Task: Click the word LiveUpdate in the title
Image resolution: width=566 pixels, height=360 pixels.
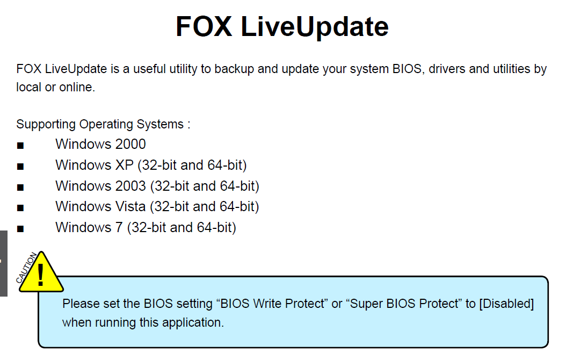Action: coord(314,27)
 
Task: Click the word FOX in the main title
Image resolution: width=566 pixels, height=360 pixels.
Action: coord(204,26)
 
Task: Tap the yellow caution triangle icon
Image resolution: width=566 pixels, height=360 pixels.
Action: coord(41,272)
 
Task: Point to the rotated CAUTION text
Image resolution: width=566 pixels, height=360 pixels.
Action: coord(26,268)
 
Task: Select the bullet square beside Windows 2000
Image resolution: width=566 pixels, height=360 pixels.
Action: coord(20,146)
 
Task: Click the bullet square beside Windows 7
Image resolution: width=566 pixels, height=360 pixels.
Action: coord(20,228)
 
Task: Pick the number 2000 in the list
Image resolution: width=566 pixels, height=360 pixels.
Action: coord(130,145)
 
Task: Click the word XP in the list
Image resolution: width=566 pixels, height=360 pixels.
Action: coord(124,165)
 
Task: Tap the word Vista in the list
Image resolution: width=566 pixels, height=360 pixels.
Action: coord(130,206)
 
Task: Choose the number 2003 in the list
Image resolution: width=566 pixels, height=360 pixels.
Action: coord(130,186)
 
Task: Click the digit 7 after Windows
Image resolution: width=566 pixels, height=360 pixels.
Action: coord(119,227)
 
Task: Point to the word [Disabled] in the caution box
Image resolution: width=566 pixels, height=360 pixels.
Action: coord(506,304)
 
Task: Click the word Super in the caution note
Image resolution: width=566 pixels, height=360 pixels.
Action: coord(366,304)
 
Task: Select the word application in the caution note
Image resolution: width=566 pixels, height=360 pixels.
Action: coord(193,322)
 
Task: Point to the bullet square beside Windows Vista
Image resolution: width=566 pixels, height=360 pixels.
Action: coord(20,207)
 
